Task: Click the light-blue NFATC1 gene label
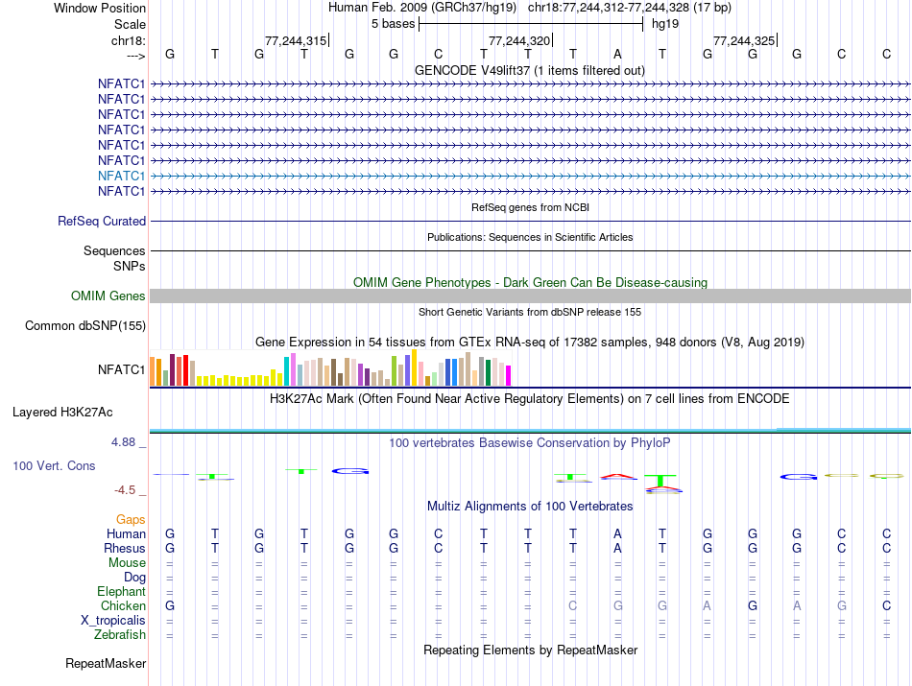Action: click(121, 176)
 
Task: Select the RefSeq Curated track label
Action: click(102, 221)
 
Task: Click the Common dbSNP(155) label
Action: click(85, 326)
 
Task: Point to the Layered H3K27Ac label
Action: click(62, 413)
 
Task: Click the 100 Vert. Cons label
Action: click(54, 465)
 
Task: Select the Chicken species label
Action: click(123, 606)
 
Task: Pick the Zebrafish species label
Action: click(120, 634)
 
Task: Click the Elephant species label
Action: click(121, 592)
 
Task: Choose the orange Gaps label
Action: click(131, 519)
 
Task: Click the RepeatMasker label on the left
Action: click(106, 664)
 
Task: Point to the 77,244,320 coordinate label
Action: click(519, 41)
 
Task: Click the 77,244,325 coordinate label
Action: click(743, 41)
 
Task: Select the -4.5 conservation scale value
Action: click(126, 490)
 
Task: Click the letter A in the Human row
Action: click(618, 534)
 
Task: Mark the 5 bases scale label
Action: click(393, 23)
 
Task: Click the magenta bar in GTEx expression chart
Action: click(509, 375)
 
